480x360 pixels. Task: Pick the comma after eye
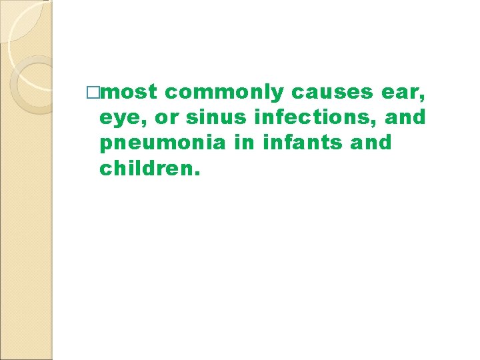[137, 123]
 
